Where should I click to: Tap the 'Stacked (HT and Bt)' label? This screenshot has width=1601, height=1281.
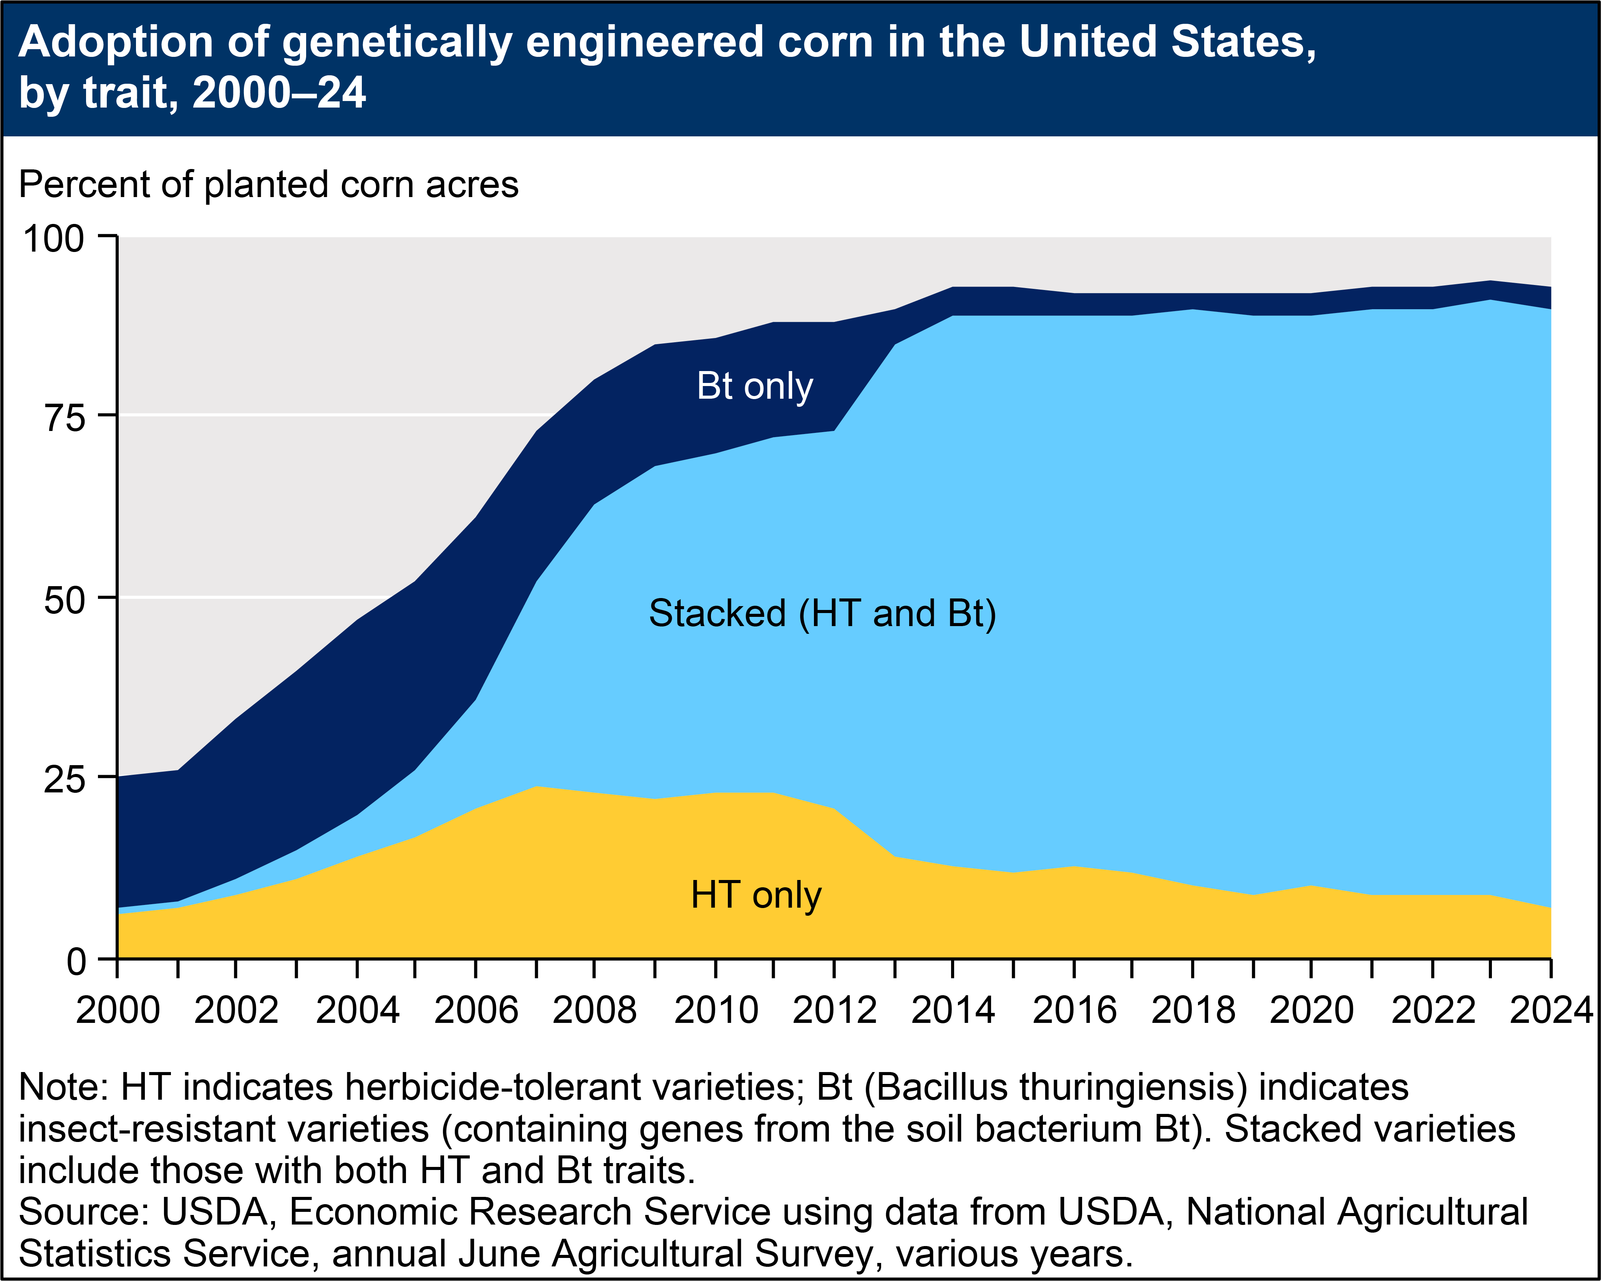tap(822, 613)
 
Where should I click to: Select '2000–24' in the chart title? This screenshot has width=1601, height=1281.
tap(279, 94)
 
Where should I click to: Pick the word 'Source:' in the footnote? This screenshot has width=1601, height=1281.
tap(84, 1212)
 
